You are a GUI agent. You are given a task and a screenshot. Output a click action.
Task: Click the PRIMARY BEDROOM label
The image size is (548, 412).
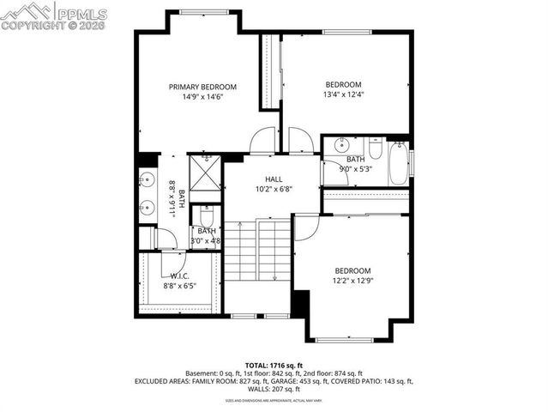pyautogui.click(x=202, y=87)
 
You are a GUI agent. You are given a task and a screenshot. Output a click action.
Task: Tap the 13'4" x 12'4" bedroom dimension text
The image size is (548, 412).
pyautogui.click(x=342, y=95)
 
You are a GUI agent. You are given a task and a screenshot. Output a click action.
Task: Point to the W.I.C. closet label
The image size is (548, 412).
pyautogui.click(x=180, y=275)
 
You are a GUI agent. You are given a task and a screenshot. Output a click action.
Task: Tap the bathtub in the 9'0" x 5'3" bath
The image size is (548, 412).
pyautogui.click(x=398, y=163)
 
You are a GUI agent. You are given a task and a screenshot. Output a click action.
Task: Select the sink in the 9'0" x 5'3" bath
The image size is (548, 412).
pyautogui.click(x=340, y=145)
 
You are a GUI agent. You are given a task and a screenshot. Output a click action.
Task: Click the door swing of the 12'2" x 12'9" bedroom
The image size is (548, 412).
pyautogui.click(x=307, y=226)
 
